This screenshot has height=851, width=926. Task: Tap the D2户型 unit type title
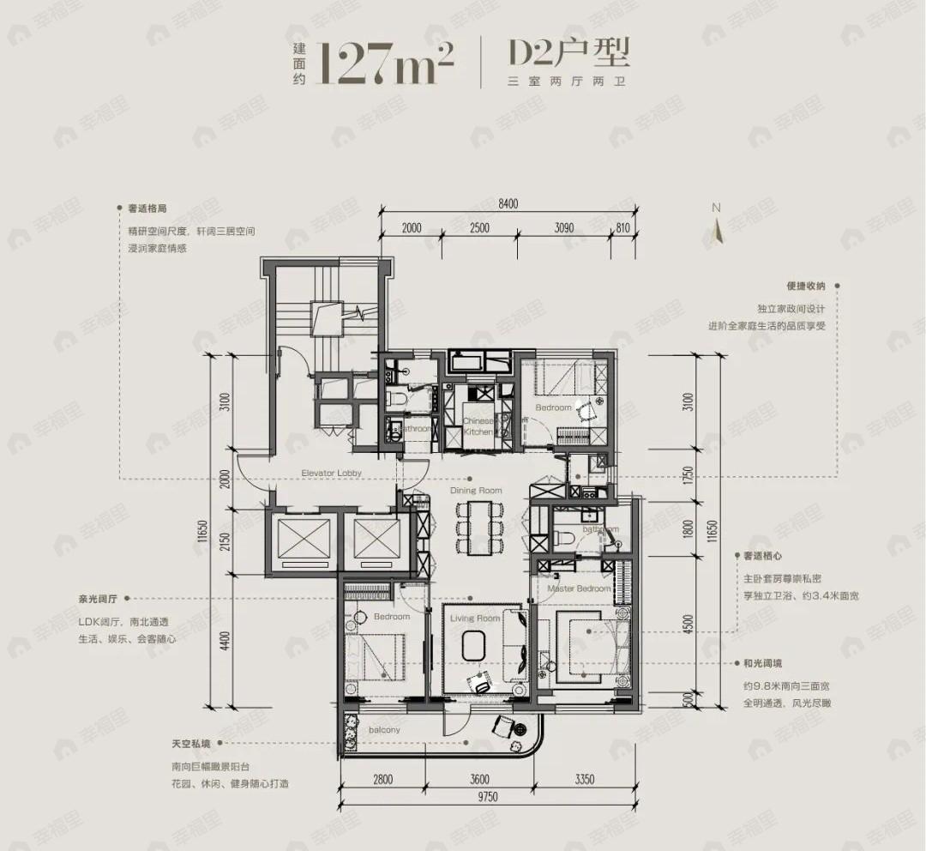pyautogui.click(x=569, y=53)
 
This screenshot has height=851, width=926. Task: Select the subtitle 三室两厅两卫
pyautogui.click(x=568, y=82)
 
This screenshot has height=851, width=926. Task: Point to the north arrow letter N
pyautogui.click(x=716, y=208)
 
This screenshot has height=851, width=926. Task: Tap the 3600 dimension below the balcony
pyautogui.click(x=479, y=779)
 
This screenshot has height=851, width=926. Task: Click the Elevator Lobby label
pyautogui.click(x=331, y=473)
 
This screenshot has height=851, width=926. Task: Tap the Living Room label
pyautogui.click(x=476, y=618)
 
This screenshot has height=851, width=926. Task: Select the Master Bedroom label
pyautogui.click(x=580, y=588)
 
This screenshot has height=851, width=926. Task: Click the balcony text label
pyautogui.click(x=385, y=730)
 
